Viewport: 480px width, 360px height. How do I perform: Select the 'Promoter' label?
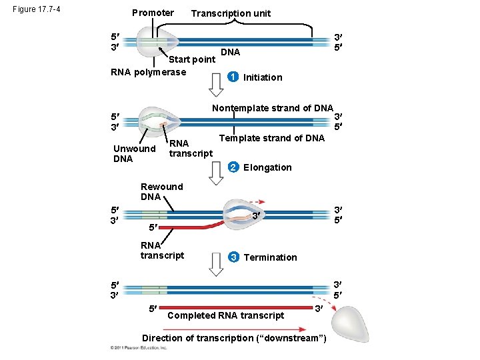(153, 13)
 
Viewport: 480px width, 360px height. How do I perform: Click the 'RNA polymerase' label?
(148, 72)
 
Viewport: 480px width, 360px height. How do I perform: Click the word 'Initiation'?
(263, 77)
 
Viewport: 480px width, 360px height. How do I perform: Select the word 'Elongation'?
(267, 167)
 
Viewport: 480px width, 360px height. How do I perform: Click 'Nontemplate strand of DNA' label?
(272, 108)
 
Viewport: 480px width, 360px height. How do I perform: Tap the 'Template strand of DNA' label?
(271, 138)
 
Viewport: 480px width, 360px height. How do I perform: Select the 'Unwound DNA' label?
(134, 153)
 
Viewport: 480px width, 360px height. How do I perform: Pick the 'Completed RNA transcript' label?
(226, 315)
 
